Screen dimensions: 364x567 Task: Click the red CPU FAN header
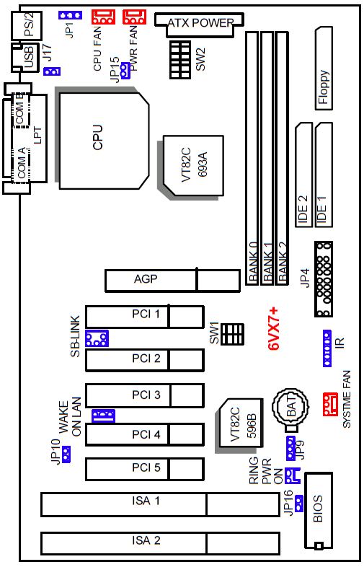click(103, 17)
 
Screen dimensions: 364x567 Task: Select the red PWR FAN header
click(135, 17)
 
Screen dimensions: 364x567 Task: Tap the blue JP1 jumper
click(70, 15)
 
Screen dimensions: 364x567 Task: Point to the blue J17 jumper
click(52, 71)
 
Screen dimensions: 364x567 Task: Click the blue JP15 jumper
click(125, 71)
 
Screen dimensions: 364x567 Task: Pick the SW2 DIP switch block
click(180, 60)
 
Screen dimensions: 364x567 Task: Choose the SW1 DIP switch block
click(232, 334)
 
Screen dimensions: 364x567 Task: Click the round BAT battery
click(290, 406)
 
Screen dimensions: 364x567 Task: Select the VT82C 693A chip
click(193, 166)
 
